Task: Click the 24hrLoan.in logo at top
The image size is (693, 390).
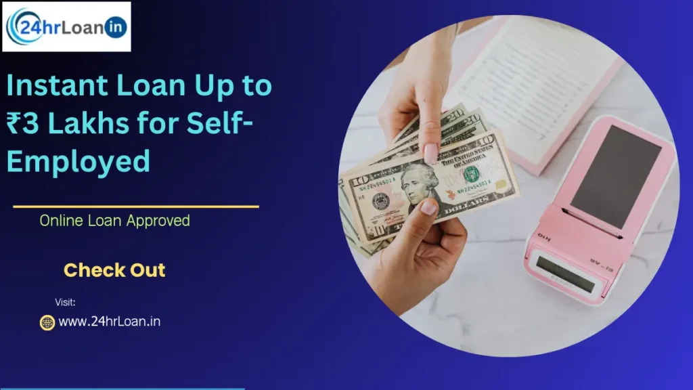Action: [x=66, y=27]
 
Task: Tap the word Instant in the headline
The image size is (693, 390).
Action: [x=55, y=87]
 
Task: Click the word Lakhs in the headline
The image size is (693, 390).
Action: [x=86, y=125]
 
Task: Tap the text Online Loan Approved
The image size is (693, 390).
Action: [x=114, y=221]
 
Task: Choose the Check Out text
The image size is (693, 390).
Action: [x=114, y=270]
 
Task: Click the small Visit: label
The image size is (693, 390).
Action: [x=65, y=302]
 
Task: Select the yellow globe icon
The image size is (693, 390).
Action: [x=47, y=322]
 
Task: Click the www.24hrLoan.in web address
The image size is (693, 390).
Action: [x=109, y=322]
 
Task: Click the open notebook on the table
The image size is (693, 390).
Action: [x=535, y=74]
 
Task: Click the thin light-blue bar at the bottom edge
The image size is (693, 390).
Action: [x=122, y=389]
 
